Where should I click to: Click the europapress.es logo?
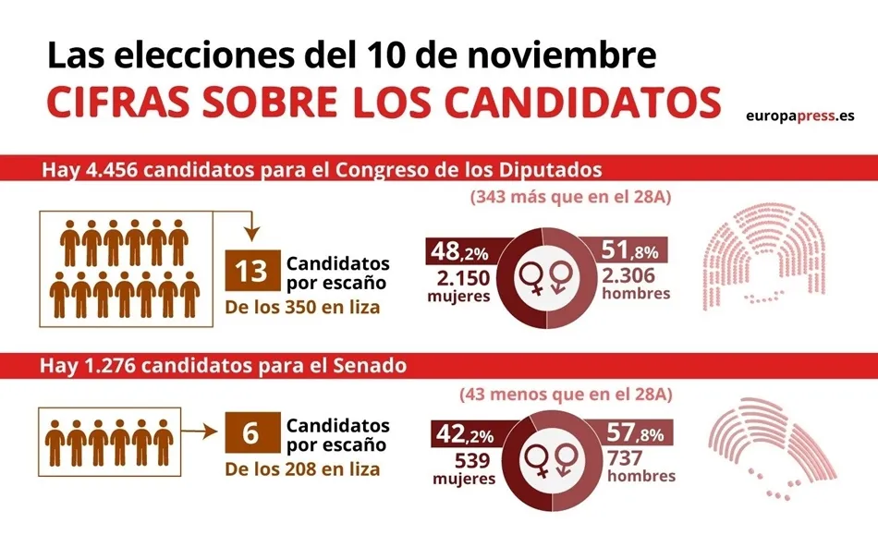799,115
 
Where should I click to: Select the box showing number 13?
251,271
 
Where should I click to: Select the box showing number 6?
250,432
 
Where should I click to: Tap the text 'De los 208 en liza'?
302,468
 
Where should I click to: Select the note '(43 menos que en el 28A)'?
566,395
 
